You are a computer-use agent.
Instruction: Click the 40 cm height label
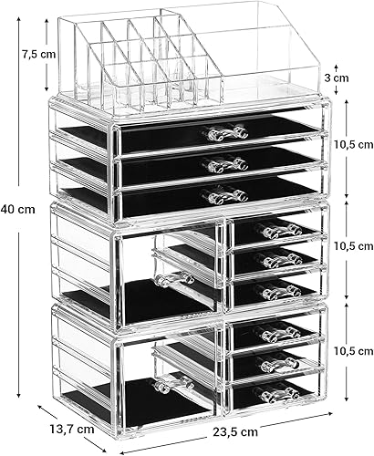pos(17,210)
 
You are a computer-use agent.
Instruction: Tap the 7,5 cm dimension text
pos(38,55)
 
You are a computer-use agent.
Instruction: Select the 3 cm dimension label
pos(337,78)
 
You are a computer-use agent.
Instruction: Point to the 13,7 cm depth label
pos(72,430)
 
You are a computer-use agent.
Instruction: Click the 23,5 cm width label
pos(234,431)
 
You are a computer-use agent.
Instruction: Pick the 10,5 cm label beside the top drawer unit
pos(354,144)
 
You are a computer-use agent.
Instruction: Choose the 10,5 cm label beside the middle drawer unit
pos(354,246)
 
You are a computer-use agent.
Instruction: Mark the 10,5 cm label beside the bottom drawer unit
pos(354,351)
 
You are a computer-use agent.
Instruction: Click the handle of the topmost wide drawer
pos(227,133)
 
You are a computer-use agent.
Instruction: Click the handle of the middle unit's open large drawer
pos(174,278)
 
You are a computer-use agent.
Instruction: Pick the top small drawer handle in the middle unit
pos(278,230)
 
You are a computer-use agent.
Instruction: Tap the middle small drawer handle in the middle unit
pos(278,260)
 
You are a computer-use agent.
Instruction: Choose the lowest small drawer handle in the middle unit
pos(279,291)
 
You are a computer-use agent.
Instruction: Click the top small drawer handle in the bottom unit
pos(279,333)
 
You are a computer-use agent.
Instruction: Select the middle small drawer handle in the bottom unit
pos(277,363)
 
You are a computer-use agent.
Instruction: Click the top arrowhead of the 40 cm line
pos(19,19)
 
